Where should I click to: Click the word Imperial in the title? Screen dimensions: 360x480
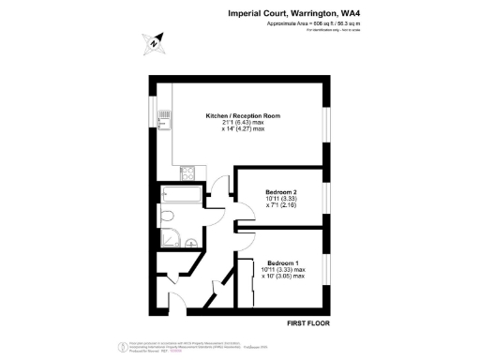pyautogui.click(x=247, y=13)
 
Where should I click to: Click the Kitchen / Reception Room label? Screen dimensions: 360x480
pyautogui.click(x=243, y=115)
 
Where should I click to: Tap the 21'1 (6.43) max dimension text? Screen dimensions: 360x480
pyautogui.click(x=243, y=123)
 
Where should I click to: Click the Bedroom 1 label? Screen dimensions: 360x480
pyautogui.click(x=282, y=262)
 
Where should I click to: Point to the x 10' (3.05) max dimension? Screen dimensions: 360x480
pyautogui.click(x=282, y=277)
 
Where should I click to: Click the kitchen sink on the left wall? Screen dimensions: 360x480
pyautogui.click(x=164, y=119)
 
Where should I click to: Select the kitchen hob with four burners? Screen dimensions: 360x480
pyautogui.click(x=187, y=172)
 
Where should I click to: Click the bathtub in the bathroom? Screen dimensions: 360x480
pyautogui.click(x=178, y=196)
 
